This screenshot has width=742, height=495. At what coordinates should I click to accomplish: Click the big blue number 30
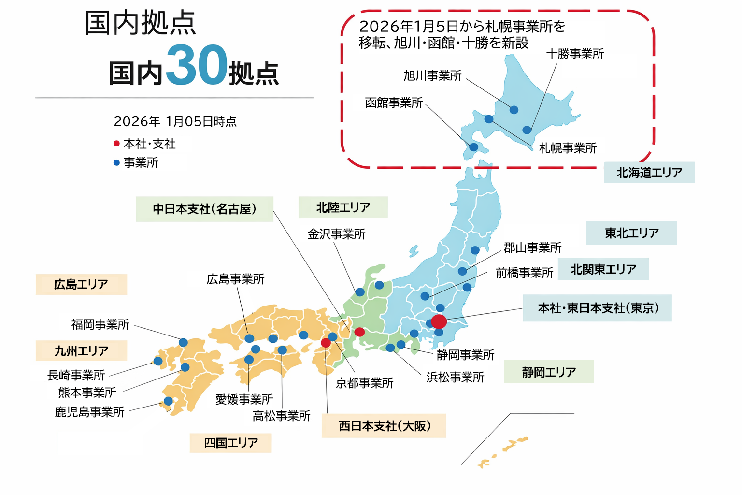[x=196, y=65]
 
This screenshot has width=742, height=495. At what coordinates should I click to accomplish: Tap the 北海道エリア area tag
[x=649, y=173]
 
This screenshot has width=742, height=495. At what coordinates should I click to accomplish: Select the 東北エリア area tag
[x=631, y=233]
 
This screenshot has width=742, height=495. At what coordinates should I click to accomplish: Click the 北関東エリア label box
[x=603, y=269]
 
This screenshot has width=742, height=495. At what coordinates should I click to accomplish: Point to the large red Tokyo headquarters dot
[x=439, y=321]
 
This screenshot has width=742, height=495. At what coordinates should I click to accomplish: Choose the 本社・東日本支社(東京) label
[x=598, y=308]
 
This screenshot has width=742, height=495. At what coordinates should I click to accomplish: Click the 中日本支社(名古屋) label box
[x=204, y=209]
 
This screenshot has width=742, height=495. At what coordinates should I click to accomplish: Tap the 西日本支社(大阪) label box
[x=384, y=426]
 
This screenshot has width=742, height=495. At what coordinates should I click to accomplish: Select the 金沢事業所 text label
[x=336, y=234]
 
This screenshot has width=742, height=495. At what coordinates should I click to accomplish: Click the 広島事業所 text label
[x=235, y=279]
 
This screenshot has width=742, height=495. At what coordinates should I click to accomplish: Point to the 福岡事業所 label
[x=100, y=324]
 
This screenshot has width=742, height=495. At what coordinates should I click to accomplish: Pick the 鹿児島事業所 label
[x=89, y=412]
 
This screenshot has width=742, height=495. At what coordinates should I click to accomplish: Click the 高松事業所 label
[x=281, y=416]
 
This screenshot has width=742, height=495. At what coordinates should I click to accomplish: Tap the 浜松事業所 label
[x=455, y=377]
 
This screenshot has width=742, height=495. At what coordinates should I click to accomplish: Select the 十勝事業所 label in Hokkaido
[x=575, y=54]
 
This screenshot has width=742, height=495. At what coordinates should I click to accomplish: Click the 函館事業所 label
[x=394, y=102]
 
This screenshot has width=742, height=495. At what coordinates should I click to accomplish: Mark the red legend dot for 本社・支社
[x=116, y=144]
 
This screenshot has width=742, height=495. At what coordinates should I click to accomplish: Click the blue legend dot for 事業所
[x=116, y=163]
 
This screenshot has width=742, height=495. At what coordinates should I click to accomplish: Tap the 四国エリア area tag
[x=231, y=443]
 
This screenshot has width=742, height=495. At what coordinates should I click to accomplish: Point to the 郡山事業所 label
[x=532, y=248]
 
